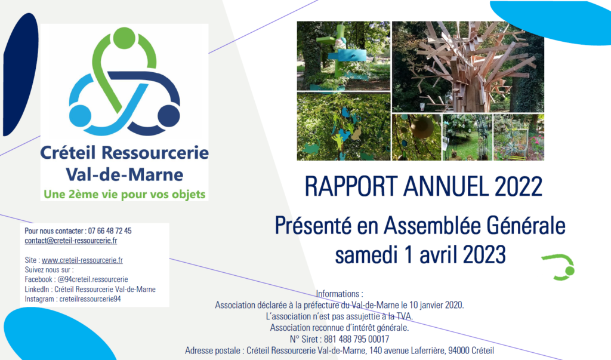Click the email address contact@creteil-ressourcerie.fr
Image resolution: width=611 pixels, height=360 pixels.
(71, 241)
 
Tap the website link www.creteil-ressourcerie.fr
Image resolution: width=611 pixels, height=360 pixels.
(82, 260)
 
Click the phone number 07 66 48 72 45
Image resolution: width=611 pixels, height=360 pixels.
(110, 231)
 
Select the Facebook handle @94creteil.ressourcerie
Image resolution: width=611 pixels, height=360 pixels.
(92, 279)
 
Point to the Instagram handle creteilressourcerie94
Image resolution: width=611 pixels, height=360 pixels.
(90, 299)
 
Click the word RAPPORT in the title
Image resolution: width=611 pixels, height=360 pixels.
(351, 186)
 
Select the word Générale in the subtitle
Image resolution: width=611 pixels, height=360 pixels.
(526, 226)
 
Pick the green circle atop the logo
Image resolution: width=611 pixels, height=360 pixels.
(124, 38)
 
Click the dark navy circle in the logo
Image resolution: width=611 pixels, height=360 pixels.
(169, 116)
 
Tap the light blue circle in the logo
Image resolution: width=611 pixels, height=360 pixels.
(81, 116)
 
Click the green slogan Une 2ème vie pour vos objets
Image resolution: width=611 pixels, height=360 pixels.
(124, 194)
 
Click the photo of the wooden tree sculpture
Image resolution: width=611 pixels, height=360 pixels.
(468, 67)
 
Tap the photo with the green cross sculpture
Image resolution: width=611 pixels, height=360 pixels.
(343, 56)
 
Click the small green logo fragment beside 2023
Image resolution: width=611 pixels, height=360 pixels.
(560, 267)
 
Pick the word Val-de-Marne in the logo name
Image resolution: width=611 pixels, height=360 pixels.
(124, 174)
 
